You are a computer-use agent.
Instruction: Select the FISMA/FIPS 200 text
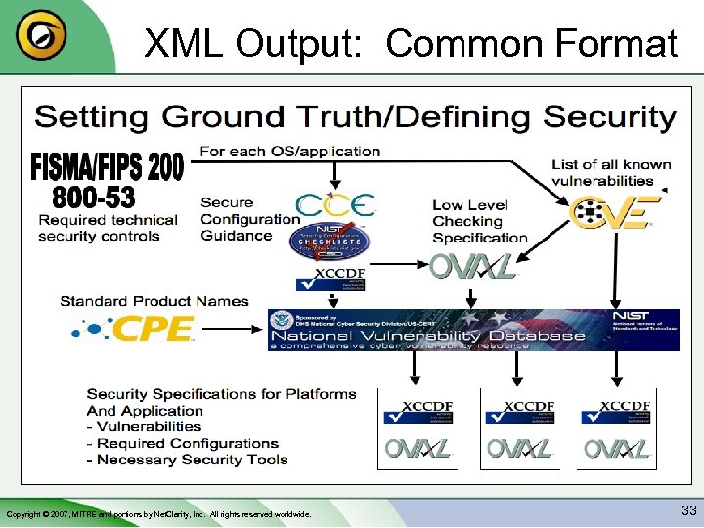(x=108, y=167)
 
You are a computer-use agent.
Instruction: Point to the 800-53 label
(x=94, y=198)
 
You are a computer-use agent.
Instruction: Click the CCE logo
(x=335, y=206)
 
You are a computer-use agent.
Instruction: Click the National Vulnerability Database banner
(x=473, y=330)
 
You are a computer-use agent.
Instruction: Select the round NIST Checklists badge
(x=334, y=243)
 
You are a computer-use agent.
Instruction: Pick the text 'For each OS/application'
(x=289, y=152)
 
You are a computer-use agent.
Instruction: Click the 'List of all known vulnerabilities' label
(x=611, y=172)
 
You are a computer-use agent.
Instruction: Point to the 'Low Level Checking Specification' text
(x=479, y=221)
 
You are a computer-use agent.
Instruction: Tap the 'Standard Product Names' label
(x=154, y=301)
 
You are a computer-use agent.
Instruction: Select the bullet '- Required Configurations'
(x=183, y=443)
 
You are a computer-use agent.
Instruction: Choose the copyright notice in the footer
(x=158, y=513)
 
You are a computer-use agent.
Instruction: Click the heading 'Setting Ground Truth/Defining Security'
(x=355, y=118)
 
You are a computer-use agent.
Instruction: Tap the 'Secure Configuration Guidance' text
(x=248, y=219)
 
